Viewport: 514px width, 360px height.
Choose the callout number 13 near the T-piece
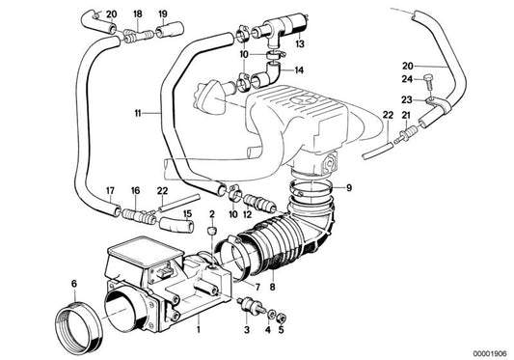[300, 44]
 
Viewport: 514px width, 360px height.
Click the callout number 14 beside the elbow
[300, 70]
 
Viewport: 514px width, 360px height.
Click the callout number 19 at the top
[162, 13]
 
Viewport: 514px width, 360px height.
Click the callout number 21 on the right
[405, 115]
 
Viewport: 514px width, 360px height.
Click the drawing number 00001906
[487, 351]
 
